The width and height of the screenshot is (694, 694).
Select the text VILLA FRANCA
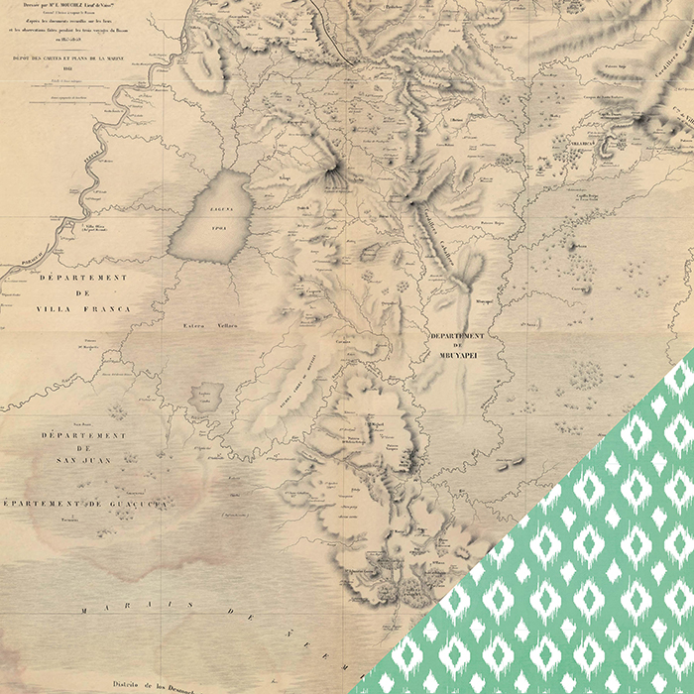(x=85, y=309)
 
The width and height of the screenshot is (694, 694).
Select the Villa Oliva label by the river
(x=94, y=227)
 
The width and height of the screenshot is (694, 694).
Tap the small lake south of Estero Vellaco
(x=206, y=398)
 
